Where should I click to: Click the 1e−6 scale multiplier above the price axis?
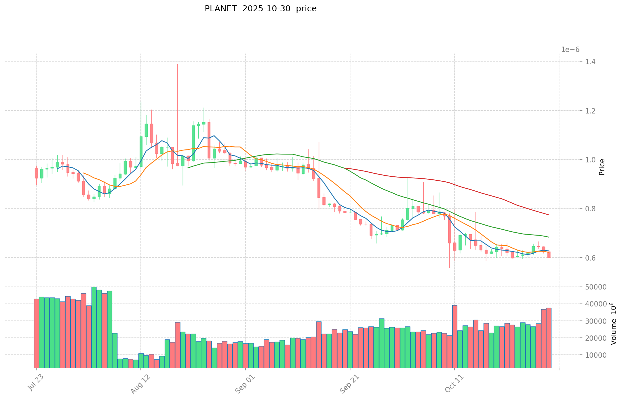coord(570,50)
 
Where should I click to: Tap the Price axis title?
coord(602,167)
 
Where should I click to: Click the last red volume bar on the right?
coord(548,338)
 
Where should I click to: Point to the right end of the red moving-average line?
coord(548,215)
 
